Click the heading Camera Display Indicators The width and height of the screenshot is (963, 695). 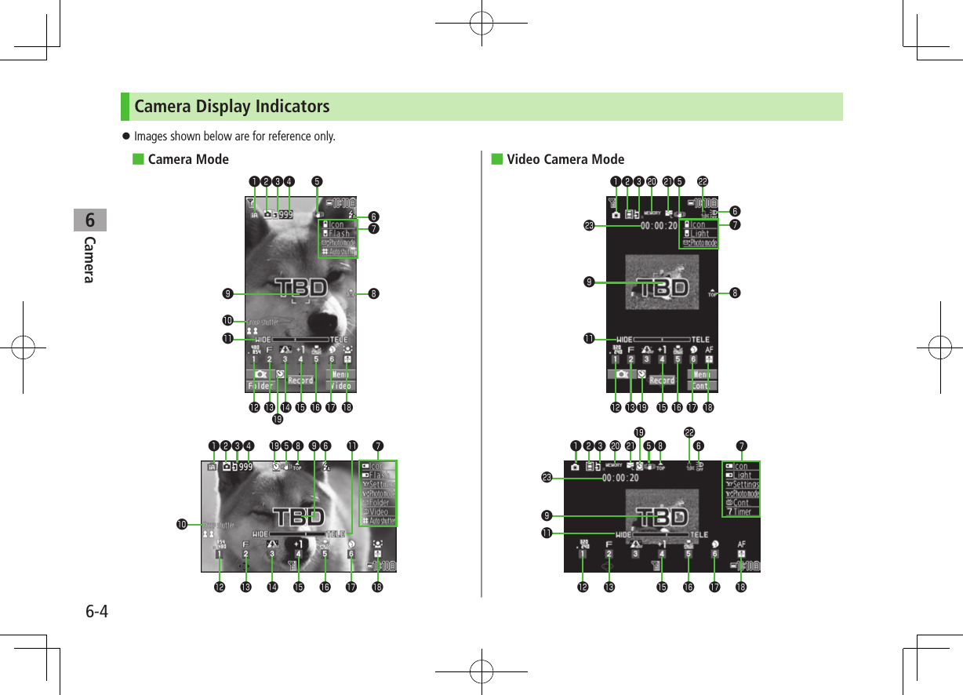coord(232,106)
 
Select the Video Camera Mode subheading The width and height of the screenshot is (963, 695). coord(565,160)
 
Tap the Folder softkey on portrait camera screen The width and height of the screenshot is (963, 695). coord(260,386)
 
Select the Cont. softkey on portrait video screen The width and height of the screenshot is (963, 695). coord(701,386)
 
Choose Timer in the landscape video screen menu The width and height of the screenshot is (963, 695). coord(742,511)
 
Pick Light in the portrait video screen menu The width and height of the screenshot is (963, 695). coord(700,234)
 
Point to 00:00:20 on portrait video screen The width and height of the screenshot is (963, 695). coord(659,226)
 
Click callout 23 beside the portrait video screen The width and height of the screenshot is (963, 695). coord(588,226)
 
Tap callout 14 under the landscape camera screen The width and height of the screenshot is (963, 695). coord(272,587)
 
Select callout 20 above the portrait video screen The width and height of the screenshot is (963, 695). coord(651,181)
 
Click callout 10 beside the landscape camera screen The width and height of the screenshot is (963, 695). coord(184,524)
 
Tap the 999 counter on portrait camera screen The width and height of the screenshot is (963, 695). coord(286,213)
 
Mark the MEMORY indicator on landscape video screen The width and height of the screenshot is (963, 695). coord(614,465)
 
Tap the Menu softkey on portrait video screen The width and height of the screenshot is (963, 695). coord(701,374)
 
